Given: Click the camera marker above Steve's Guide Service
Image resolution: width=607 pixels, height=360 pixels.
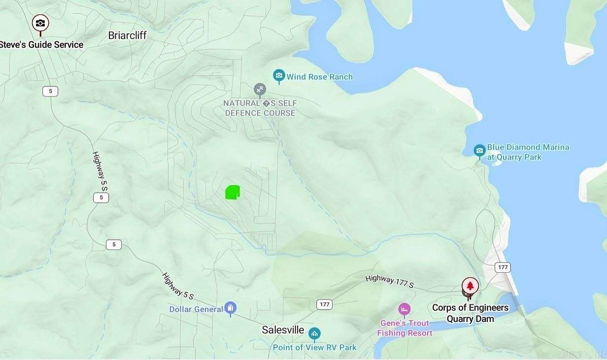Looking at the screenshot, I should pyautogui.click(x=40, y=23).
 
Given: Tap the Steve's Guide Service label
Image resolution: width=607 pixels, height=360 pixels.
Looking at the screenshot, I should pyautogui.click(x=41, y=45).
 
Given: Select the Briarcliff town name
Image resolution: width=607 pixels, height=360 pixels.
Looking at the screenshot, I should pyautogui.click(x=128, y=35).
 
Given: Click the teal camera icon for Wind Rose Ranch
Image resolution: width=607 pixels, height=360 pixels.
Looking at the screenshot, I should pyautogui.click(x=279, y=76).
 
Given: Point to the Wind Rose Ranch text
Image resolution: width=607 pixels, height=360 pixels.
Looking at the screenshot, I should pyautogui.click(x=320, y=77).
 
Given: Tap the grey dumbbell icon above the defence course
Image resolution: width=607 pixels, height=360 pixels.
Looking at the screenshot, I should pyautogui.click(x=260, y=90).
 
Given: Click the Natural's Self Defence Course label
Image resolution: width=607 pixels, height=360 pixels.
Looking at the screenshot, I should pyautogui.click(x=260, y=108).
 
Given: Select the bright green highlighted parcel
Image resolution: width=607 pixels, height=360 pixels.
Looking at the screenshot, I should pyautogui.click(x=232, y=193).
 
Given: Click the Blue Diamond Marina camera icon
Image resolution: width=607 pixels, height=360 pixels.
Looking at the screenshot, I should pyautogui.click(x=479, y=151).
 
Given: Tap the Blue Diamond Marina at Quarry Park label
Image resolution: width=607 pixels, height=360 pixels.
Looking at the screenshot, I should pyautogui.click(x=528, y=152).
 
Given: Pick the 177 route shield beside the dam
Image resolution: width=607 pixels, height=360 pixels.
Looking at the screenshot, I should pyautogui.click(x=503, y=267).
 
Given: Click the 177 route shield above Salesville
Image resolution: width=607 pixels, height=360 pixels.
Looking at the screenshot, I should pyautogui.click(x=324, y=304).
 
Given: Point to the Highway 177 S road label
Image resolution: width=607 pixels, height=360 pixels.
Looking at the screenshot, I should pyautogui.click(x=389, y=282).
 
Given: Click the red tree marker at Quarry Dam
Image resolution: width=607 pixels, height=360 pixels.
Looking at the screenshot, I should pyautogui.click(x=470, y=286).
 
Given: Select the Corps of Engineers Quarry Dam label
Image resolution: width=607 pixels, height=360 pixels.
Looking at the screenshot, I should pyautogui.click(x=470, y=313).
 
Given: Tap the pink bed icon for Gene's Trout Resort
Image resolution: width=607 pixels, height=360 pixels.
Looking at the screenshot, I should pyautogui.click(x=404, y=309).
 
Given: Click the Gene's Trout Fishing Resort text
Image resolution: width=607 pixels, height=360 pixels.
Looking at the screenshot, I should pyautogui.click(x=405, y=328).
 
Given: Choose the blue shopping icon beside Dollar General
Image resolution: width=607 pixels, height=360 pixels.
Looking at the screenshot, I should pyautogui.click(x=230, y=309).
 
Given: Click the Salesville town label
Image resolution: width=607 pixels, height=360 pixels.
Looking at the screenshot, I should pyautogui.click(x=283, y=330).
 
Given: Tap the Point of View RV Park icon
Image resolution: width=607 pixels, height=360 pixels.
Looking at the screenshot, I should pyautogui.click(x=314, y=334).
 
